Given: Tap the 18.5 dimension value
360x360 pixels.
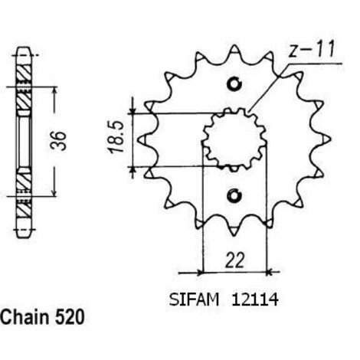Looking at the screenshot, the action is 116,137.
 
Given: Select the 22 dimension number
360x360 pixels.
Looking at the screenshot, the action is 234,260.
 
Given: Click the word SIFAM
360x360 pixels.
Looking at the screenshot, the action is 194,299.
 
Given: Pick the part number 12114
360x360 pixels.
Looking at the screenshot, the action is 254,299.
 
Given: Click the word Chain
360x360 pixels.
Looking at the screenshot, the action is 25,317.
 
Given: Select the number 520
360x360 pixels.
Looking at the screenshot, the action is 70,317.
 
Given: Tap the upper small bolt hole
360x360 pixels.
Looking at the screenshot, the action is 234,83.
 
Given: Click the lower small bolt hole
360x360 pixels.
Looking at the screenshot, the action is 234,195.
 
